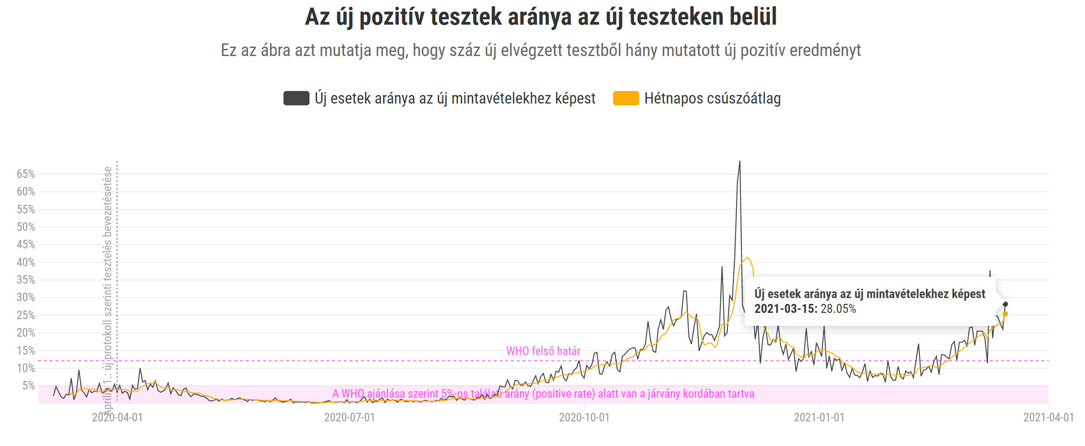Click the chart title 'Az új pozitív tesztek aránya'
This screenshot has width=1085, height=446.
[540, 17]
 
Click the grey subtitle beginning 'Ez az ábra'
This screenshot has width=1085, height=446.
[540, 50]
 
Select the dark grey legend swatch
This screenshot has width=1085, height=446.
[296, 98]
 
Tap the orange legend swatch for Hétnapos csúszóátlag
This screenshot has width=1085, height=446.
[626, 98]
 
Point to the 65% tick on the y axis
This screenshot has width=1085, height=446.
[26, 174]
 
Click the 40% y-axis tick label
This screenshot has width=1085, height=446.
[26, 262]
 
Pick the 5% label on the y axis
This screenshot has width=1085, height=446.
[29, 385]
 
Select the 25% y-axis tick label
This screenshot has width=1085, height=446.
[26, 315]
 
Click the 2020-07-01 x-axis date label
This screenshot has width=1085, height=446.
[349, 417]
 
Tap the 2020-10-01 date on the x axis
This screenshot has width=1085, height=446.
[584, 417]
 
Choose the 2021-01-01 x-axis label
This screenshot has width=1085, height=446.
[819, 417]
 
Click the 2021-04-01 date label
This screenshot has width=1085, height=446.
[1048, 417]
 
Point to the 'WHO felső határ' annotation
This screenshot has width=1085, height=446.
[543, 351]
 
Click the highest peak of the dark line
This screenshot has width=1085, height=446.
[740, 162]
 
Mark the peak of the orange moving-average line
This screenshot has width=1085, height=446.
[747, 258]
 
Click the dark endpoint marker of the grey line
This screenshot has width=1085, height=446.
[1005, 304]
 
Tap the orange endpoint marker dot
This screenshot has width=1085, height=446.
[1005, 314]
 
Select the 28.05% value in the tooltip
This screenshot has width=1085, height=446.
[838, 309]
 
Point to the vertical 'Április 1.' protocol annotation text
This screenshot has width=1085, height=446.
[108, 287]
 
